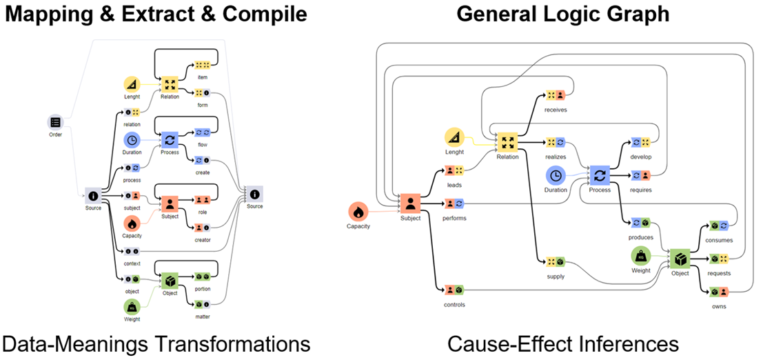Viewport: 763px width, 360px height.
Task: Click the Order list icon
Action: click(x=55, y=122)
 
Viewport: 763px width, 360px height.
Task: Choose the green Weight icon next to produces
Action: click(x=642, y=257)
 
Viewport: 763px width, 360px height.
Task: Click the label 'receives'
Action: click(x=555, y=110)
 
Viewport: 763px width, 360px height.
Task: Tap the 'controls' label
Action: click(x=454, y=304)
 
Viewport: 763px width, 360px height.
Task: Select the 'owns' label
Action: click(x=719, y=306)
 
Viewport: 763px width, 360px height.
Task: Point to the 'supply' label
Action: click(x=555, y=277)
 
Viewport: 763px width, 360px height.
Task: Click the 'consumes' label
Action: click(x=719, y=240)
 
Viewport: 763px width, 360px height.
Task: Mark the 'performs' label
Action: click(x=454, y=218)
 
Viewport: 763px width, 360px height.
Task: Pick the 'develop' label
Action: click(x=640, y=157)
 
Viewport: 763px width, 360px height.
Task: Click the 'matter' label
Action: click(x=202, y=317)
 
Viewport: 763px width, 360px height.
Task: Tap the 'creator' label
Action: click(x=202, y=239)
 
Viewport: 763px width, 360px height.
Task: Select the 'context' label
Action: click(x=132, y=263)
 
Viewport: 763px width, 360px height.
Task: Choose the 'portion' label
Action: click(x=202, y=288)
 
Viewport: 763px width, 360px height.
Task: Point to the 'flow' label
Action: click(x=202, y=145)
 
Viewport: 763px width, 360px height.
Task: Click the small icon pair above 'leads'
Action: click(x=454, y=170)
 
